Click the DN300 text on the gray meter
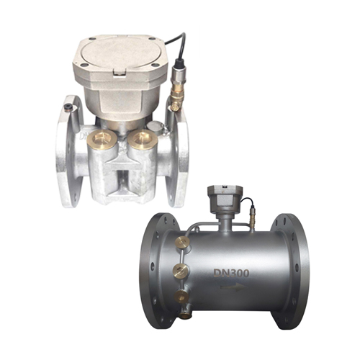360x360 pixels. tap(231, 273)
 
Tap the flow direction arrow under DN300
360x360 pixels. tap(233, 287)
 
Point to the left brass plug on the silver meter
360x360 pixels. tap(102, 140)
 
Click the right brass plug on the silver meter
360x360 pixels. tap(143, 140)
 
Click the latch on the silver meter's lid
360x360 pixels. tap(120, 73)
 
